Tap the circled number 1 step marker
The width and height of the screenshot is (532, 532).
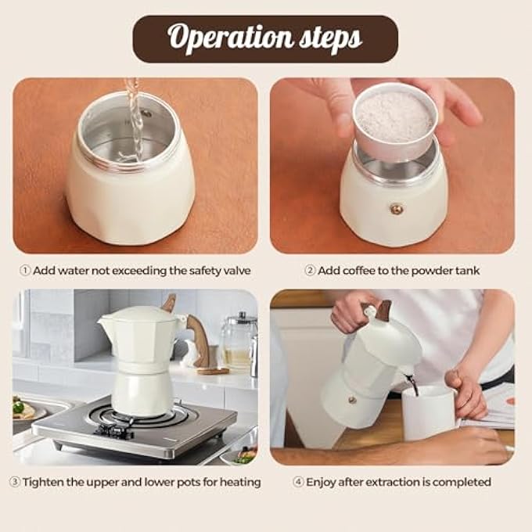(x=25, y=271)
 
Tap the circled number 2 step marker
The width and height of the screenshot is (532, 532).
(x=310, y=271)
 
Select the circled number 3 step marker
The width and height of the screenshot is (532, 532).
(x=15, y=482)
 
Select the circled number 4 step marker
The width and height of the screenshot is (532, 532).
(x=298, y=482)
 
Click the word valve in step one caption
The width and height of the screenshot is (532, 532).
(x=238, y=271)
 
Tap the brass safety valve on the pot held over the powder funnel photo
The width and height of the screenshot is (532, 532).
(x=396, y=209)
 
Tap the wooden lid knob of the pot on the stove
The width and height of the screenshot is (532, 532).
(x=169, y=304)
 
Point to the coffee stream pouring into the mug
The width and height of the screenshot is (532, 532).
(x=412, y=385)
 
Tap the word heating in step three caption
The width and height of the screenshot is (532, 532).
(x=240, y=483)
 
